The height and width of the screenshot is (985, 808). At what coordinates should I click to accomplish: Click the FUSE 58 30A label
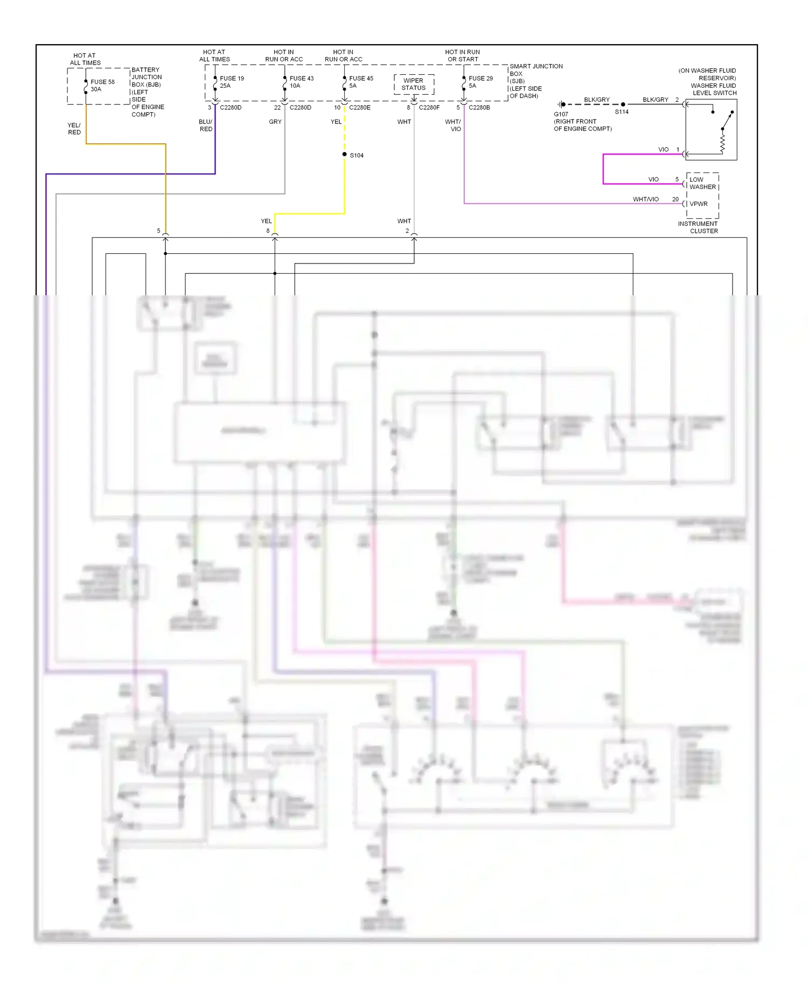(x=102, y=86)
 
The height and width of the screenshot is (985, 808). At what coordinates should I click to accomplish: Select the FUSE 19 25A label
(x=232, y=82)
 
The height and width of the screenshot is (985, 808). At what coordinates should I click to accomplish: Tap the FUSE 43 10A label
(x=301, y=82)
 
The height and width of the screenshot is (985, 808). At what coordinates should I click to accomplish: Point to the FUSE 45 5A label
(x=361, y=82)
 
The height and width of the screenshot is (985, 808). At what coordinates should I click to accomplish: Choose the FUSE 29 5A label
(x=480, y=82)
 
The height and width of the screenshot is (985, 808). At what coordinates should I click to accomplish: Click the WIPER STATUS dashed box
(x=414, y=85)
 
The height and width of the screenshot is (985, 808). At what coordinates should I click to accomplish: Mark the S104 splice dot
(x=345, y=155)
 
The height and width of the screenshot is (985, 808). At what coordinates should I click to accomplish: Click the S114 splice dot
(x=623, y=105)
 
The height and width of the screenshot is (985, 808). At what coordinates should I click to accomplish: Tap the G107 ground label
(x=561, y=114)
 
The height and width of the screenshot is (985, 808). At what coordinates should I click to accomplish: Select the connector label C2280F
(x=429, y=108)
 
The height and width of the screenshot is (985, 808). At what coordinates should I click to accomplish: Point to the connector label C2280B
(x=479, y=108)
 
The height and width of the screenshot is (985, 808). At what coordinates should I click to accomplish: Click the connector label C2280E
(x=360, y=108)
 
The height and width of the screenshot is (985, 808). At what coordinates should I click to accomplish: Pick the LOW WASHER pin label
(x=702, y=183)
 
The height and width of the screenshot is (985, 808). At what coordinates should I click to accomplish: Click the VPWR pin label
(x=699, y=204)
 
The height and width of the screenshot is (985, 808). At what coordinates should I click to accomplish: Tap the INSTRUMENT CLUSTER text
(x=698, y=227)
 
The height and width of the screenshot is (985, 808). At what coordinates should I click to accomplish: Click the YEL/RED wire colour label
(x=74, y=129)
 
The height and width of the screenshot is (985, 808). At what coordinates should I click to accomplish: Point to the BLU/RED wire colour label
(x=206, y=126)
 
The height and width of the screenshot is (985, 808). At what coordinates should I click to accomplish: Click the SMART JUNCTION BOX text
(x=535, y=70)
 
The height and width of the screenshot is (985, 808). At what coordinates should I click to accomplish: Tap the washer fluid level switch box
(x=711, y=129)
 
